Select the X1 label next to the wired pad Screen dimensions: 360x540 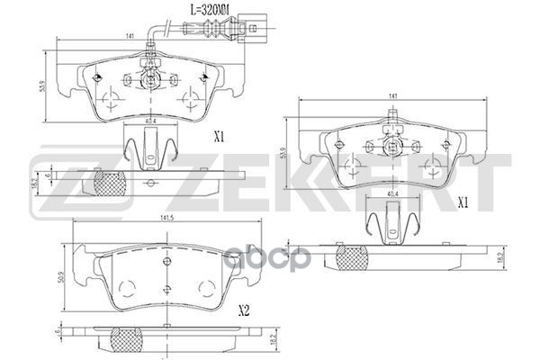218,138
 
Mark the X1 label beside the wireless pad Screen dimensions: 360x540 464,202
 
